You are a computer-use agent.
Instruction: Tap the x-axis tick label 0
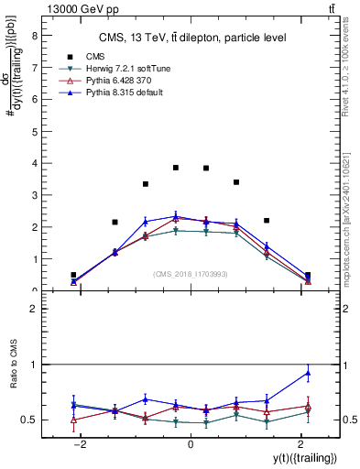pos(191,444)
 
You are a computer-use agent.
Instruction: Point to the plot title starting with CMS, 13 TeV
pos(193,38)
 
